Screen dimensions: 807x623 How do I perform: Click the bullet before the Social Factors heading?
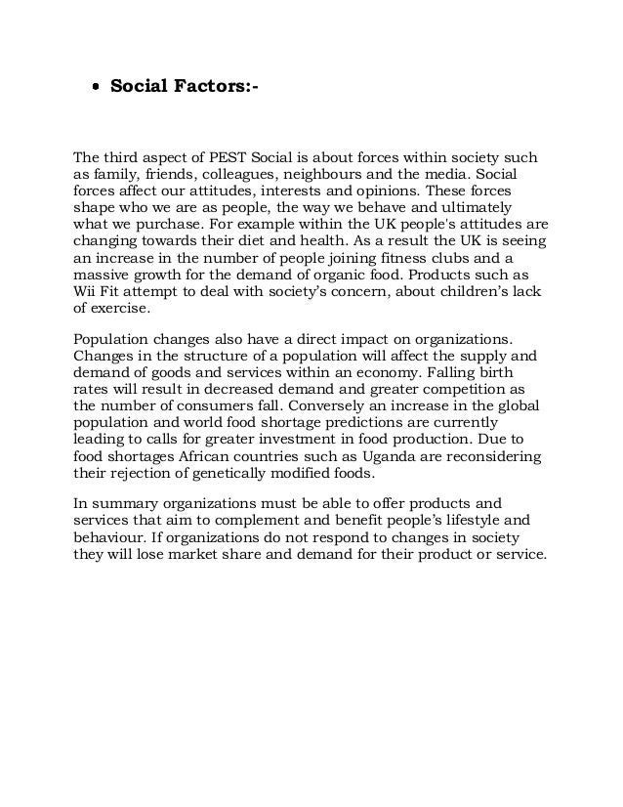click(95, 90)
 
